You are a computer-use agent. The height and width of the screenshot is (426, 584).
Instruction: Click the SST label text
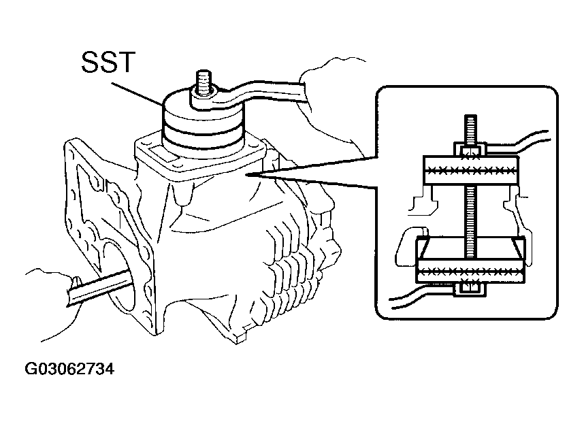[108, 62]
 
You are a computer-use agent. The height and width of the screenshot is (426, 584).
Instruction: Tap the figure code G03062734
[69, 369]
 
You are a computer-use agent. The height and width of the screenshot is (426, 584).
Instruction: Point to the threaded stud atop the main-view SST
[203, 82]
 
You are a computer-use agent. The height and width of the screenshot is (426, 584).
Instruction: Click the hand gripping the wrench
[331, 104]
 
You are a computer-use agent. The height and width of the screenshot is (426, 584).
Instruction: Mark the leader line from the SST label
[137, 93]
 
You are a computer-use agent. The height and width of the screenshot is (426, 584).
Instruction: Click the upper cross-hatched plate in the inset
[471, 170]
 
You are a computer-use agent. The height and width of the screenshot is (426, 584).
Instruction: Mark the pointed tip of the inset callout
[246, 174]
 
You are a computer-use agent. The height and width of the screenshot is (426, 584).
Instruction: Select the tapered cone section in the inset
[471, 249]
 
